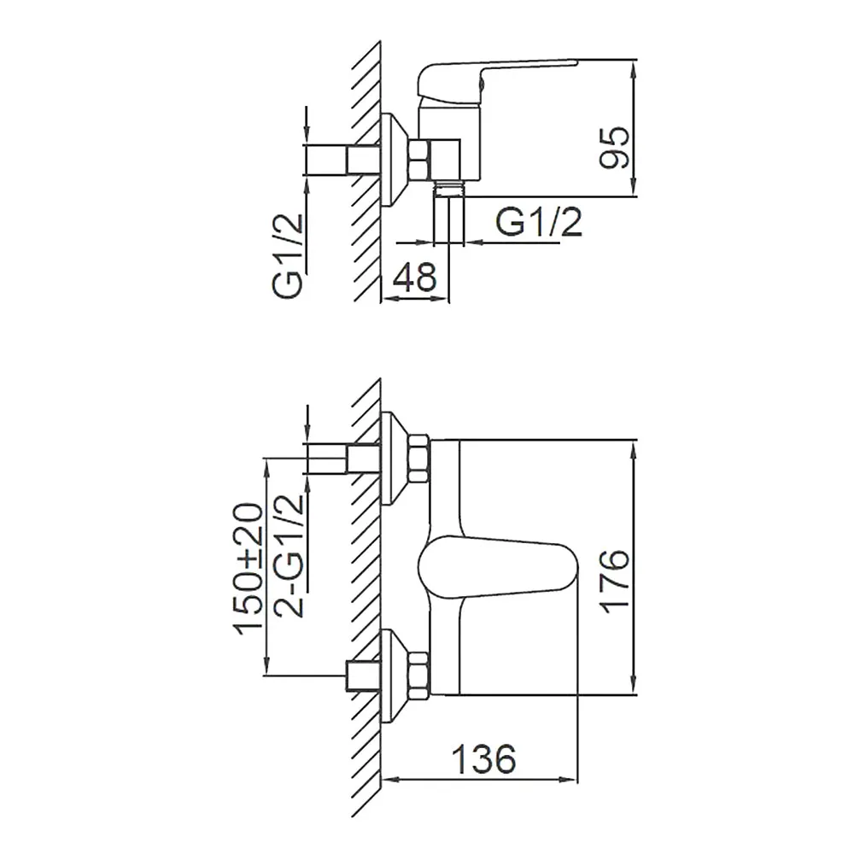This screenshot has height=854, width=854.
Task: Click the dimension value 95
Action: (614, 148)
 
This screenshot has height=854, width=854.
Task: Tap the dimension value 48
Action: (414, 277)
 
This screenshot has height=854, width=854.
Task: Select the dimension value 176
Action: (614, 581)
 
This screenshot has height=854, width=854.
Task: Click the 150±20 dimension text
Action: (248, 569)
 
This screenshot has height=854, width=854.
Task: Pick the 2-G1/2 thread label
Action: (288, 556)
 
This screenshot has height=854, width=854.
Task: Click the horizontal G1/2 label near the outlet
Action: (539, 222)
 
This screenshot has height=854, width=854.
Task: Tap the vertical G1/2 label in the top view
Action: (287, 255)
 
